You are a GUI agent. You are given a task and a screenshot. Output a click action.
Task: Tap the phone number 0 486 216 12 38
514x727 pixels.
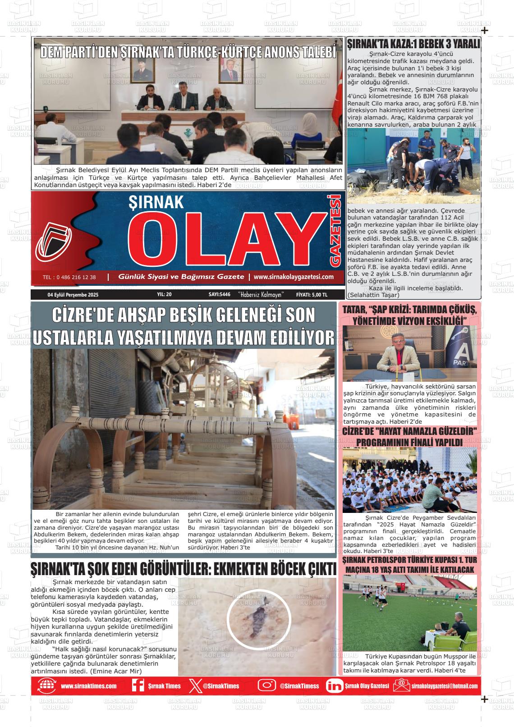[69, 277]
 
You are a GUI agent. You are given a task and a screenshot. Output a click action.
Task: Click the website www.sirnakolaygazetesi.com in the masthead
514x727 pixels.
[294, 277]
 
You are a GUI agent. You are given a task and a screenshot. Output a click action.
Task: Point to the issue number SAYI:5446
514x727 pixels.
[220, 294]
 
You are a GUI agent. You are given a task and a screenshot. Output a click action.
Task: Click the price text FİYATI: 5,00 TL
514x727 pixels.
[312, 294]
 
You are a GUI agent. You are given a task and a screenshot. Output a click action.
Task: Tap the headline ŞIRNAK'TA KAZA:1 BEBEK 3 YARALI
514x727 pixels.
[413, 44]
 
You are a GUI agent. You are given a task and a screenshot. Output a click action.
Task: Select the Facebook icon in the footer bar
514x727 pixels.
[138, 686]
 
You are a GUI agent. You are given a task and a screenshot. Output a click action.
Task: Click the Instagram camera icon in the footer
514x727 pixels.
[266, 686]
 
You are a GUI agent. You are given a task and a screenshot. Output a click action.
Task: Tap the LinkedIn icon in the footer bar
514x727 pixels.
[334, 686]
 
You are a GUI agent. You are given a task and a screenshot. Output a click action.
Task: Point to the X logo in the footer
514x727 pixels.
[194, 686]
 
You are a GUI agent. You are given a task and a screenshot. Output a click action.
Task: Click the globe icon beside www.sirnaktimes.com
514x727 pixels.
[46, 686]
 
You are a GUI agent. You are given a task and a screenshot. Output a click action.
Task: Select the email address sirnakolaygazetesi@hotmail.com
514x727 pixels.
[444, 686]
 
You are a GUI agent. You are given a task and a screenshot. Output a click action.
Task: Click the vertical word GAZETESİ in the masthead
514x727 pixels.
[335, 230]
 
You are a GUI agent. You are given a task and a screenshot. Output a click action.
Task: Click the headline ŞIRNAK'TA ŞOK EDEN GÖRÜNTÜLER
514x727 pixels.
[183, 569]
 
